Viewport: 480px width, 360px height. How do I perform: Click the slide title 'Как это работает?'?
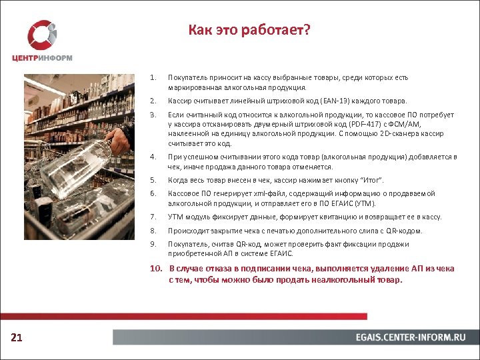coord(249,31)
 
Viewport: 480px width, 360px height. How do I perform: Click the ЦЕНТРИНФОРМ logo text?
coord(42,57)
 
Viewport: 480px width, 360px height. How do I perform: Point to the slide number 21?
coord(17,338)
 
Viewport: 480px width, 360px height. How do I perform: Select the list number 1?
coord(153,78)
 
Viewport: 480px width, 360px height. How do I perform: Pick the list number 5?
coord(153,180)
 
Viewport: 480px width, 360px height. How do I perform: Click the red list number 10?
coord(155,269)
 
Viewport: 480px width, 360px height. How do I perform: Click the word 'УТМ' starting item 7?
coord(176,217)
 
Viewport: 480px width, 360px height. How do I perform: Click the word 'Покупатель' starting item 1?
coord(188,78)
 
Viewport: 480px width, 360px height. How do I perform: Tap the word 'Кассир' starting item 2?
coord(180,101)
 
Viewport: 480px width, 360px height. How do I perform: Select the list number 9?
coord(153,244)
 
